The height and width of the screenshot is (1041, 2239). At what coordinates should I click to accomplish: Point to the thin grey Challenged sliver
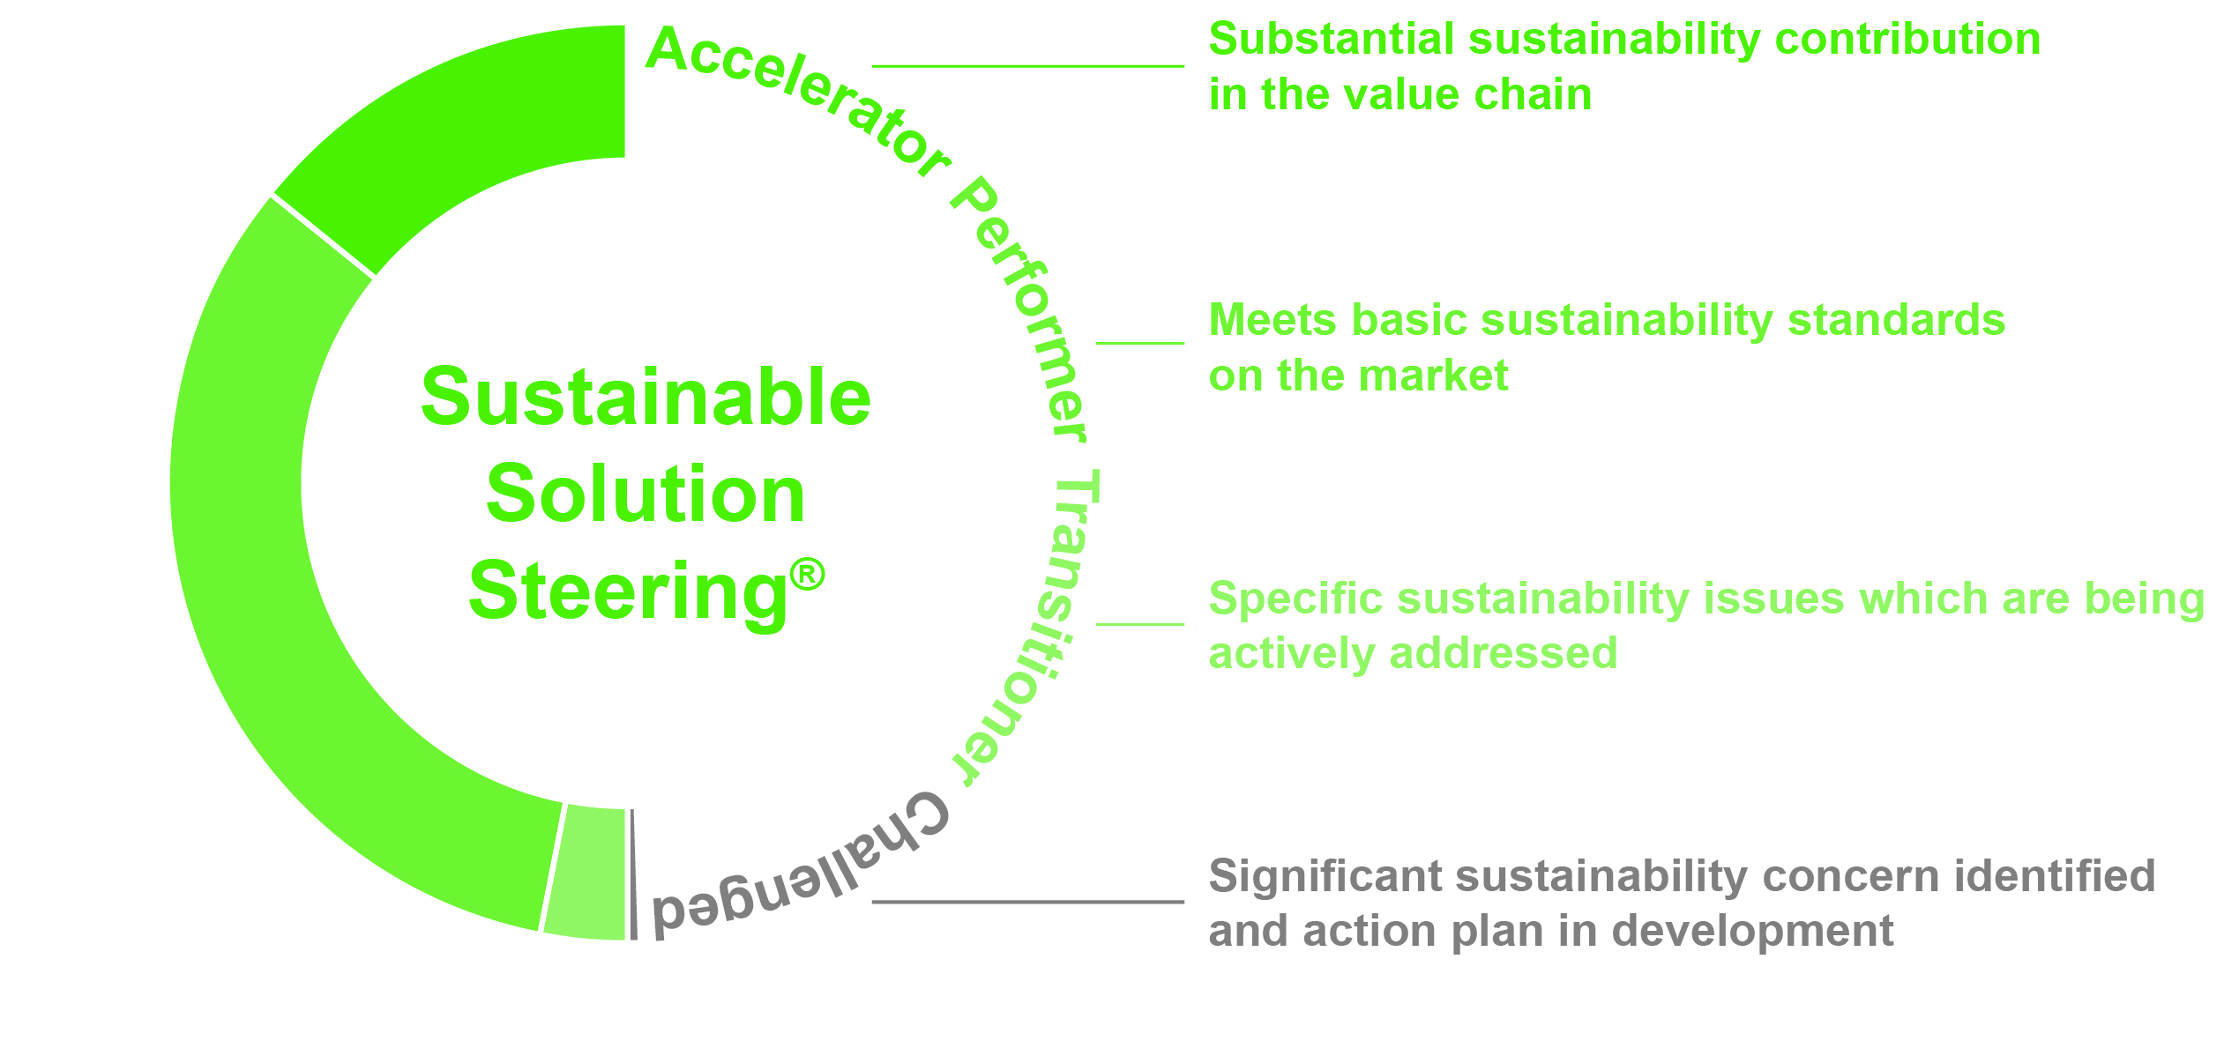(x=633, y=874)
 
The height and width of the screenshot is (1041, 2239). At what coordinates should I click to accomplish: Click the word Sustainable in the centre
(x=646, y=398)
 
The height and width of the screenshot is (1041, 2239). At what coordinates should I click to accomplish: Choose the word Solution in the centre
(x=646, y=494)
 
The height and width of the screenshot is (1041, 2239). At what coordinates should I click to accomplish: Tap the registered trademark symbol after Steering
(x=807, y=575)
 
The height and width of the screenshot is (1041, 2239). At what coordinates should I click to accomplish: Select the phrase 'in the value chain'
(x=1400, y=95)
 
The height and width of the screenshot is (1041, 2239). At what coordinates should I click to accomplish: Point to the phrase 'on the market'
(x=1358, y=376)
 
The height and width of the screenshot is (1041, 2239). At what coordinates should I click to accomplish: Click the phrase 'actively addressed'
(x=1413, y=654)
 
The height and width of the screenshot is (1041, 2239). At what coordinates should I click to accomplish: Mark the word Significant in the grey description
(x=1325, y=877)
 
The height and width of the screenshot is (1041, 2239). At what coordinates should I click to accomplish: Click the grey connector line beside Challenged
(x=1028, y=902)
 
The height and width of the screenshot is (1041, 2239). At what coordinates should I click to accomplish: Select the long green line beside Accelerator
(x=1028, y=66)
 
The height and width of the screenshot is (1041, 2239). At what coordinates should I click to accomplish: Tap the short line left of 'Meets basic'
(x=1140, y=343)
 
